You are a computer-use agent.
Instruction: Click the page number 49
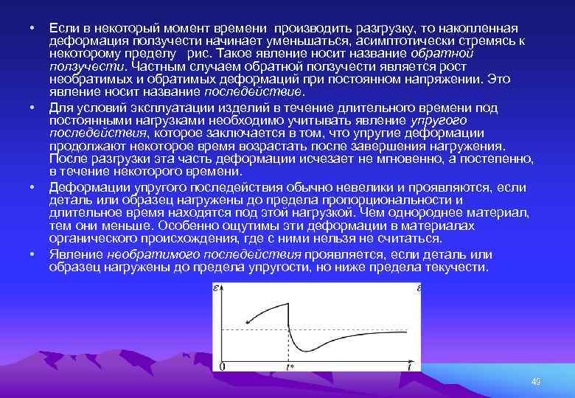click(536, 381)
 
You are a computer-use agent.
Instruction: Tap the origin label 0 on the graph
click(223, 367)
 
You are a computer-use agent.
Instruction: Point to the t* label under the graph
click(290, 367)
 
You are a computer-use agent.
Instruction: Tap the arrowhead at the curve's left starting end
click(248, 322)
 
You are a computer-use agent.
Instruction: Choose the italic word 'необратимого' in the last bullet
click(150, 254)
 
